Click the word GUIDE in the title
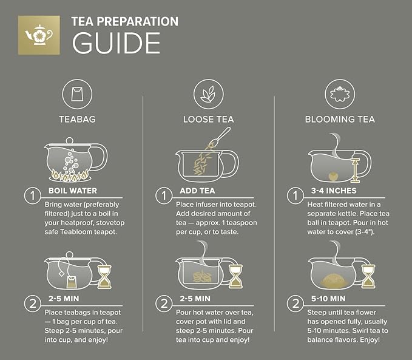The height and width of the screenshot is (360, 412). pos(115,43)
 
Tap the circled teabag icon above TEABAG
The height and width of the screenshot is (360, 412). pos(76,95)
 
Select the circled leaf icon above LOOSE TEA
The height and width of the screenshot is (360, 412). pos(208,95)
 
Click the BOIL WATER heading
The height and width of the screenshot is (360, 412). pos(72,191)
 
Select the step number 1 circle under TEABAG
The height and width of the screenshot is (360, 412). pos(32,196)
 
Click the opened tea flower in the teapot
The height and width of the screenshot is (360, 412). pos(331,279)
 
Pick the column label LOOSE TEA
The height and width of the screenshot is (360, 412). pos(208,119)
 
